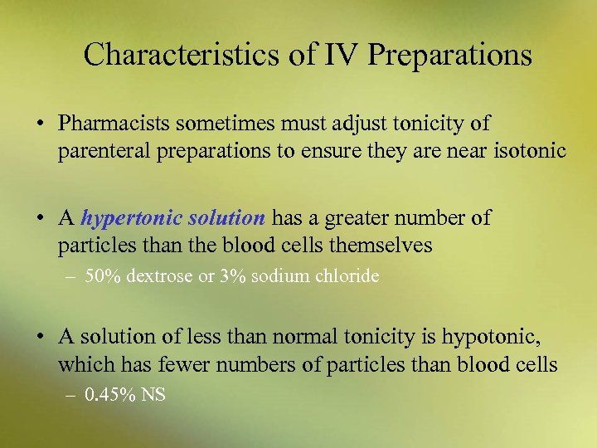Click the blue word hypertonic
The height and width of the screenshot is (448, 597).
pyautogui.click(x=133, y=218)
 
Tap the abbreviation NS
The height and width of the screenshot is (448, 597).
pyautogui.click(x=153, y=394)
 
